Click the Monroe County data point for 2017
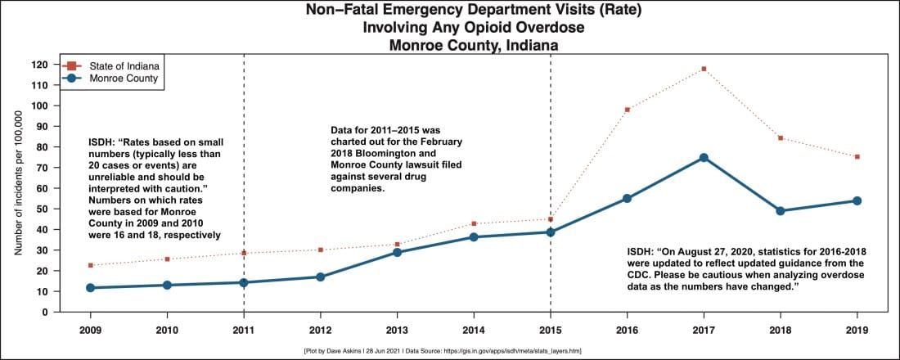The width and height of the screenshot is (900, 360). pyautogui.click(x=704, y=157)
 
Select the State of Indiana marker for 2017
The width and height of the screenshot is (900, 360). pyautogui.click(x=704, y=69)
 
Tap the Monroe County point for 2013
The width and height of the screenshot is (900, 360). pyautogui.click(x=397, y=252)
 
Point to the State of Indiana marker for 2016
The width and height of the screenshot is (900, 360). pyautogui.click(x=627, y=110)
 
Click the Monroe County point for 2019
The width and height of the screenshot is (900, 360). pyautogui.click(x=857, y=200)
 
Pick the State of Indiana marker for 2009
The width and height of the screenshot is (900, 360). pyautogui.click(x=90, y=265)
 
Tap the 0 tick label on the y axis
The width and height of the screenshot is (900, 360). pyautogui.click(x=46, y=312)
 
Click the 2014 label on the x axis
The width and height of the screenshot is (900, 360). pyautogui.click(x=474, y=330)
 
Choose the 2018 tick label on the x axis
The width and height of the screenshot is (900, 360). pyautogui.click(x=780, y=330)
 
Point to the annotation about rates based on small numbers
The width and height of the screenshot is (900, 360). pyautogui.click(x=155, y=188)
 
